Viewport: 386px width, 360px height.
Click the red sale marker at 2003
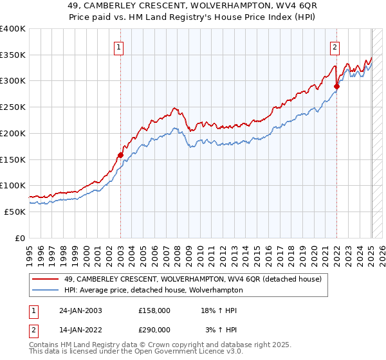pyautogui.click(x=120, y=155)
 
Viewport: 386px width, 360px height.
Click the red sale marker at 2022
pyautogui.click(x=336, y=85)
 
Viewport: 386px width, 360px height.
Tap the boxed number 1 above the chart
pyautogui.click(x=120, y=46)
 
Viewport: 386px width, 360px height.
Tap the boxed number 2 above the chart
pyautogui.click(x=336, y=46)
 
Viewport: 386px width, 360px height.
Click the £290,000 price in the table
pyautogui.click(x=154, y=329)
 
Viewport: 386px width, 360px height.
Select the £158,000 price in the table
pyautogui.click(x=154, y=310)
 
